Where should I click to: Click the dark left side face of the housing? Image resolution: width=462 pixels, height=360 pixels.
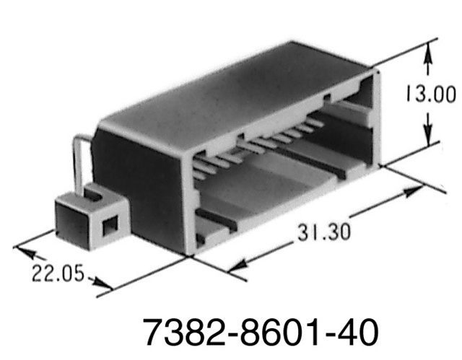pos(141,188)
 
